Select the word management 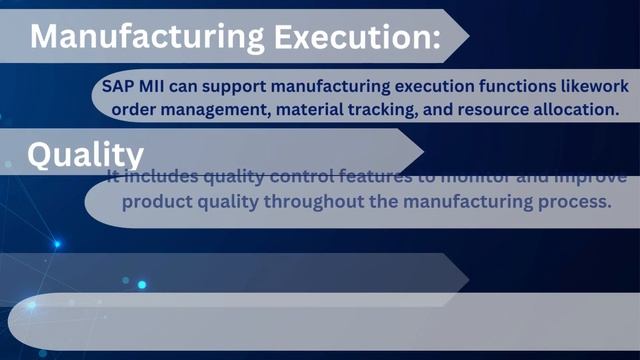coord(231,109)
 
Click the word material coord(331,109)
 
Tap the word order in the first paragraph coord(153,109)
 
